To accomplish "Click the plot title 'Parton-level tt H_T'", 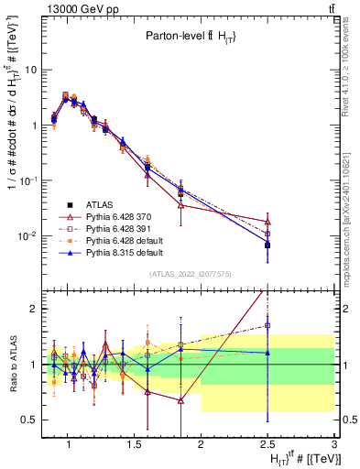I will point(193,36).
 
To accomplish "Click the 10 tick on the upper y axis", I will point(31,70).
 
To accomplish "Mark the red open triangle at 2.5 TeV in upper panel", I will point(267,222).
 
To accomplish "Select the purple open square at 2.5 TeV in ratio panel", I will point(267,325).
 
